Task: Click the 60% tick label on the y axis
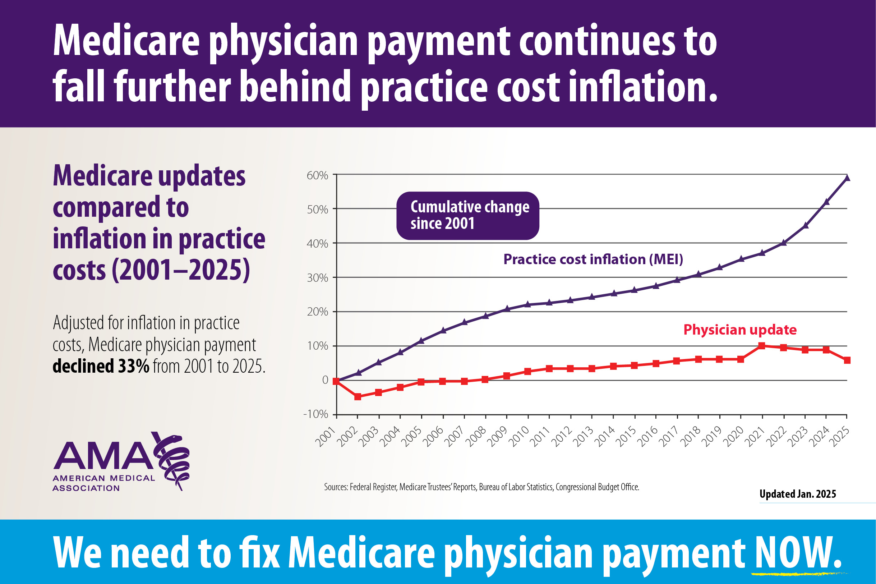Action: [x=317, y=175]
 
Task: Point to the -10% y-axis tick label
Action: [x=316, y=414]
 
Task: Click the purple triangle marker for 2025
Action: [x=847, y=178]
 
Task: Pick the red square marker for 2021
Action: [x=762, y=346]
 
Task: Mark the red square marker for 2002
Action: [x=358, y=397]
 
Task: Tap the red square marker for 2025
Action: [x=847, y=360]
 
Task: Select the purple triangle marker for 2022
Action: [x=783, y=243]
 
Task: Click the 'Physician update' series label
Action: [x=740, y=330]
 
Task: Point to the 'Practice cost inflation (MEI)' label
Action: [x=593, y=259]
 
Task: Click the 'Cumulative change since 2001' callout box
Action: [x=467, y=216]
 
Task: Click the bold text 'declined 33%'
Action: [x=101, y=366]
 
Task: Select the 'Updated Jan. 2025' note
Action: [x=797, y=494]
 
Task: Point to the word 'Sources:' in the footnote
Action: [x=336, y=487]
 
